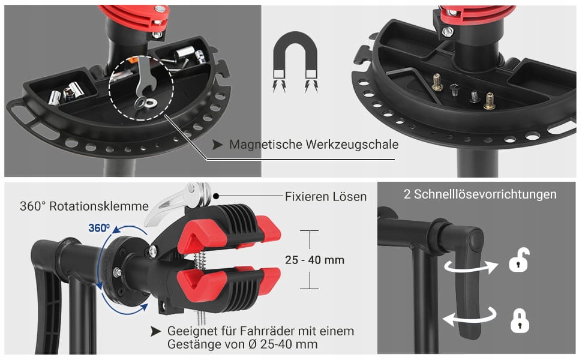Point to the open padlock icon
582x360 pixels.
(x=519, y=260)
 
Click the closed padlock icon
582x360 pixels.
(x=520, y=320)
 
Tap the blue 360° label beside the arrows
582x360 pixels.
(x=99, y=227)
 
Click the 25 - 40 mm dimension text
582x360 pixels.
(x=314, y=260)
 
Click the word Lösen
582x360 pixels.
(x=350, y=196)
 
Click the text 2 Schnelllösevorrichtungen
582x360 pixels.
(x=480, y=194)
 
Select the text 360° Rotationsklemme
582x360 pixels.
(x=84, y=206)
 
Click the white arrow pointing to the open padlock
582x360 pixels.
(x=472, y=266)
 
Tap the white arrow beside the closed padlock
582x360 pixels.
(x=470, y=317)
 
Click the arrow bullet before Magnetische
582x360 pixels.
(x=218, y=145)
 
